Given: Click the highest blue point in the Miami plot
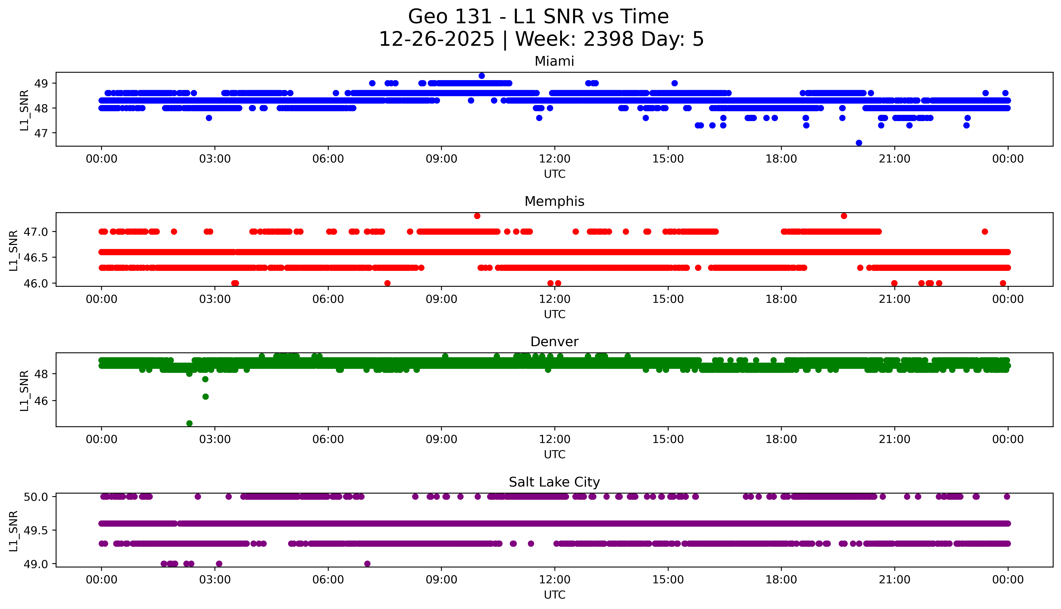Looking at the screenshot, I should point(481,76).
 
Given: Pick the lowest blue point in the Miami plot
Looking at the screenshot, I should point(859,143).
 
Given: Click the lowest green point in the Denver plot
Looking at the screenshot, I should point(189,423).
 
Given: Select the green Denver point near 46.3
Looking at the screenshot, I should point(205,397).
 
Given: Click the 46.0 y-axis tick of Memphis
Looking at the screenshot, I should point(36,283).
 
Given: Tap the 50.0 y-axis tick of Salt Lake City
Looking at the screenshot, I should point(36,497).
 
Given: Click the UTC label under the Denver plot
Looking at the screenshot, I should point(554,454).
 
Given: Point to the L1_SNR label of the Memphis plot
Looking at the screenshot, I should point(13,250).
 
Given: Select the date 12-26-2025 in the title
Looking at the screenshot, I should point(436,39).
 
